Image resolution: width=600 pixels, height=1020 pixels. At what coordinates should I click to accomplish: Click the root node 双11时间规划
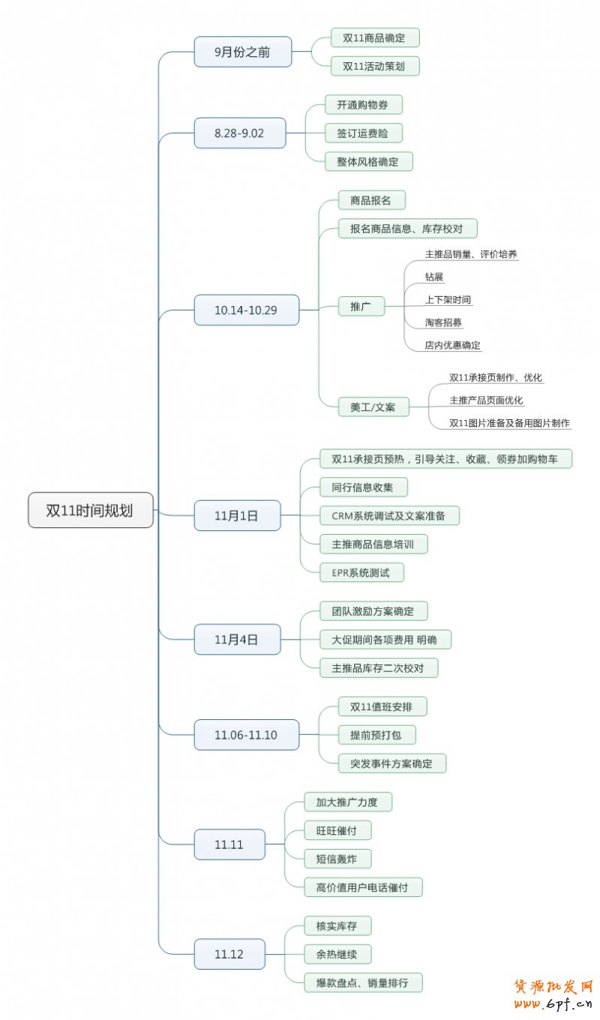tap(90, 510)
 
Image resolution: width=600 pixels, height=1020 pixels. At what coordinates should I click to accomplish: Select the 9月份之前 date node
tap(241, 52)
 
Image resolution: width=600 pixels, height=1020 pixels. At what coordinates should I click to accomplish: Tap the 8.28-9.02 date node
tap(239, 133)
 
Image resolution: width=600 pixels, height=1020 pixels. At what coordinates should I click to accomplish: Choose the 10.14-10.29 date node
tap(246, 310)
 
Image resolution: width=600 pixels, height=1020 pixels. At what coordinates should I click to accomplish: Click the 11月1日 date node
tap(236, 515)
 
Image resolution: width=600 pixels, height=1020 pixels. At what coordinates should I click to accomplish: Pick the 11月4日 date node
tap(236, 639)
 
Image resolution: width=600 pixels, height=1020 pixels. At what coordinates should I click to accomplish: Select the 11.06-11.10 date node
tap(245, 735)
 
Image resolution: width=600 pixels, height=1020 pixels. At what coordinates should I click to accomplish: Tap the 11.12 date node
tap(229, 954)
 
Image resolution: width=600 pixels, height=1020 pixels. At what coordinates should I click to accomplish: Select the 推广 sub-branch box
tap(361, 306)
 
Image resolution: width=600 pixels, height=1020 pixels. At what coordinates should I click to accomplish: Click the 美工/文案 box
tap(373, 407)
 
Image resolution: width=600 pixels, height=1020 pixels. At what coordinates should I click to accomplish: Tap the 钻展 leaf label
tap(434, 277)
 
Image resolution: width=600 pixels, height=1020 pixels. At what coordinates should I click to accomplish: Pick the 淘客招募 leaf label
tap(443, 322)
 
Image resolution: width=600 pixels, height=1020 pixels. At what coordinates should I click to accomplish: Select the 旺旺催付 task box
tap(337, 830)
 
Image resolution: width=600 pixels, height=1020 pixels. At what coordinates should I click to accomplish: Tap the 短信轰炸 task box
tap(337, 859)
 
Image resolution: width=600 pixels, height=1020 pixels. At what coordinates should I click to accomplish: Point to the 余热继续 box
tap(337, 954)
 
